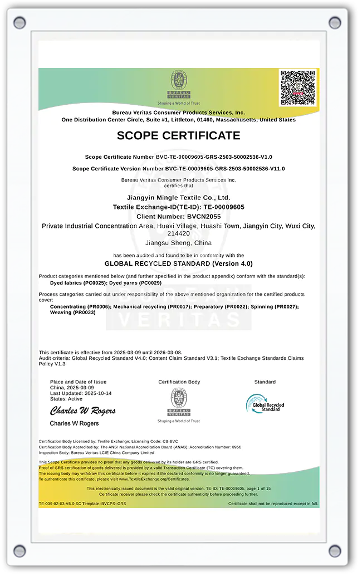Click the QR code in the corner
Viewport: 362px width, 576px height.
click(x=299, y=87)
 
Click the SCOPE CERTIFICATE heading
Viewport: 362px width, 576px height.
click(x=179, y=135)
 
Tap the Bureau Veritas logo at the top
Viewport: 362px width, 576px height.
click(x=179, y=84)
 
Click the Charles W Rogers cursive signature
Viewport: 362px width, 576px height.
click(x=83, y=411)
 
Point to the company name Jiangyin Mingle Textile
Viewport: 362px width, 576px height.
click(x=179, y=198)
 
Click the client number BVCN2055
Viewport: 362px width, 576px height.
click(x=179, y=216)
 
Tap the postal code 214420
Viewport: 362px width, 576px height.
click(x=179, y=234)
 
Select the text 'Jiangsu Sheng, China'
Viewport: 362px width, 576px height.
click(x=179, y=243)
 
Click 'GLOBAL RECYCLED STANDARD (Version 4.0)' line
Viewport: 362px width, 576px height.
click(x=179, y=263)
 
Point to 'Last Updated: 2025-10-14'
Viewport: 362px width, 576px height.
click(x=81, y=393)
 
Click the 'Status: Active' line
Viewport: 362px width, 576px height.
click(x=66, y=399)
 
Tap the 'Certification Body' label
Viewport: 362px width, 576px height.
click(x=179, y=382)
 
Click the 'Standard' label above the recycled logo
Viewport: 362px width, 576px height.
click(x=265, y=382)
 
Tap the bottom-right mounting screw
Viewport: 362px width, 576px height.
click(x=335, y=550)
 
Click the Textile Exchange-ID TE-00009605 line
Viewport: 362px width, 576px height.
click(x=179, y=207)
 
